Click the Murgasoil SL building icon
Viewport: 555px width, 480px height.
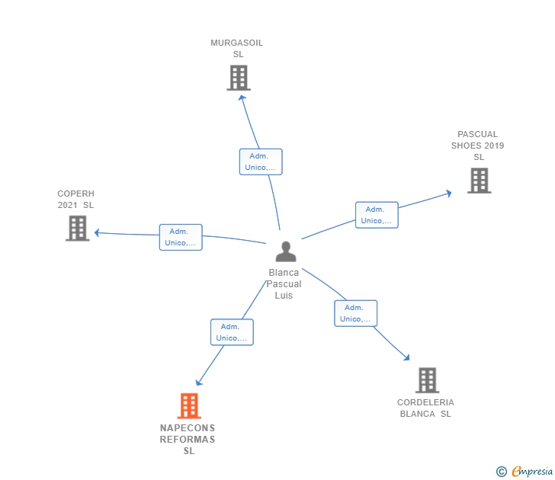[x=239, y=77]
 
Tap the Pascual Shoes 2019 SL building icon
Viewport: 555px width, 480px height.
[x=479, y=181]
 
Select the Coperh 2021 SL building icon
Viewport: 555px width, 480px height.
[x=77, y=228]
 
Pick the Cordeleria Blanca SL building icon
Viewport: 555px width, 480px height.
[x=427, y=379]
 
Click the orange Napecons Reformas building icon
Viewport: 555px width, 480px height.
[x=189, y=405]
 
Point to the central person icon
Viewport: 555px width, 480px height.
[x=285, y=251]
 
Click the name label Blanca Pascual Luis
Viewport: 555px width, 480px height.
[x=284, y=284]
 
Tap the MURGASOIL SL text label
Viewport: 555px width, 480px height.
[x=237, y=49]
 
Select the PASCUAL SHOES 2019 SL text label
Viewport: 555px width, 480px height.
[x=478, y=146]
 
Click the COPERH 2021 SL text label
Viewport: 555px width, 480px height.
[x=75, y=199]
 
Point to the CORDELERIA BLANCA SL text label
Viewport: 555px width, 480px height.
[x=425, y=408]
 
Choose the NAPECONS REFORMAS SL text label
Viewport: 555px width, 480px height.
[x=188, y=440]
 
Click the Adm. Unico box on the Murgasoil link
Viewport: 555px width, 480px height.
[x=261, y=162]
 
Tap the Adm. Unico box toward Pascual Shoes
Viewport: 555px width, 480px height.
[x=377, y=215]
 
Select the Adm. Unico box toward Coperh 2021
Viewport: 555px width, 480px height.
[x=181, y=237]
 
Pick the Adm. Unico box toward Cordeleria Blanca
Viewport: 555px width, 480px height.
[x=355, y=313]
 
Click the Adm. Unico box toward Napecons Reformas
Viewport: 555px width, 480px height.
[x=232, y=332]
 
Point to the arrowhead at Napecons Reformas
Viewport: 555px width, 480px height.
[x=199, y=382]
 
